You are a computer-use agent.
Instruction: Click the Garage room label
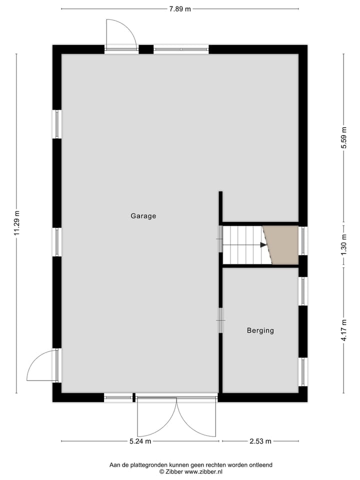click(x=143, y=216)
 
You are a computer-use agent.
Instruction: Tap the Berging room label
click(x=260, y=330)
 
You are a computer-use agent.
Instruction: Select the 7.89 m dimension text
click(x=180, y=8)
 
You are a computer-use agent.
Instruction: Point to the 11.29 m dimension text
click(x=16, y=222)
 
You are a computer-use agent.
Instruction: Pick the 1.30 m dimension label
click(x=343, y=245)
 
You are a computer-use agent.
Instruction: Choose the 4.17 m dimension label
click(x=343, y=330)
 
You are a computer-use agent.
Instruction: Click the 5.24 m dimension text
click(x=140, y=441)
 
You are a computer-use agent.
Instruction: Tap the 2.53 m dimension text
click(x=260, y=441)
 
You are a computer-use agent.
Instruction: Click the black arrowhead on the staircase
click(x=263, y=245)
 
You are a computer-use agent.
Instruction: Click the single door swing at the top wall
click(x=121, y=33)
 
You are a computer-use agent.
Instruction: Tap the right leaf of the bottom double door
click(x=198, y=419)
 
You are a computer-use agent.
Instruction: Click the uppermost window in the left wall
click(x=57, y=124)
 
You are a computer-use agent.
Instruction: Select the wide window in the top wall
click(x=181, y=49)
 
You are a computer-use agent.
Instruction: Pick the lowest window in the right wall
click(x=303, y=371)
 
